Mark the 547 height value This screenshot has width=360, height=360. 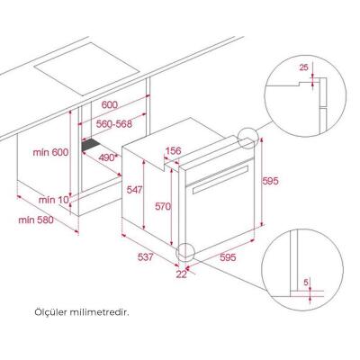tap(133, 190)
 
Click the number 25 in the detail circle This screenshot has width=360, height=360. tap(304, 67)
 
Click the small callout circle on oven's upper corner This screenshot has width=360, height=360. tap(247, 137)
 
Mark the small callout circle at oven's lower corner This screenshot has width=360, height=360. tap(186, 254)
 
